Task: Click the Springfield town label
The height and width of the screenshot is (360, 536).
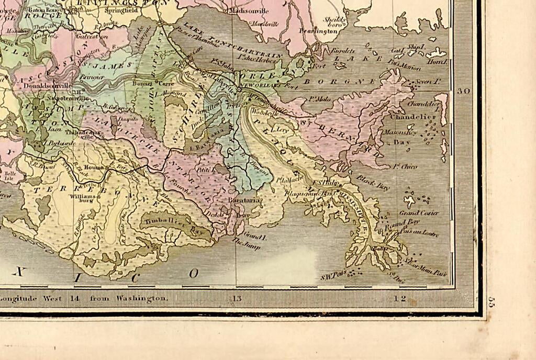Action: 122,9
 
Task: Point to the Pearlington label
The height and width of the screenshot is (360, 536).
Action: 318,32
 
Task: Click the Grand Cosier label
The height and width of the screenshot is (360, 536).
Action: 419,213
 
